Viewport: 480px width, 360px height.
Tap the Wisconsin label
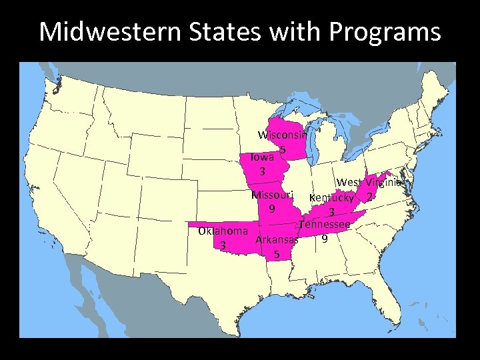click(282, 135)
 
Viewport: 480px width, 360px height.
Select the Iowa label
click(261, 158)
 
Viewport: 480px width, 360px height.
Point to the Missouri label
click(272, 195)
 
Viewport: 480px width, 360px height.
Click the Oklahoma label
click(223, 231)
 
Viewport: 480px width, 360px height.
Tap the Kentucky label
click(331, 198)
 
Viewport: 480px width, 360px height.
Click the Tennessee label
click(324, 225)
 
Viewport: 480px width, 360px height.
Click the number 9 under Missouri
click(271, 209)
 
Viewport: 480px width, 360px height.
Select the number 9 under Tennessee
click(324, 238)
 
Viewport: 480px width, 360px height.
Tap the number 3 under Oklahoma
click(223, 245)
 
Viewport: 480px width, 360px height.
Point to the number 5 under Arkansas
click(276, 254)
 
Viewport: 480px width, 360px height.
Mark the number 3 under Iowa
click(262, 172)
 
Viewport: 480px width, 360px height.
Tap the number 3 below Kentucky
click(331, 212)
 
